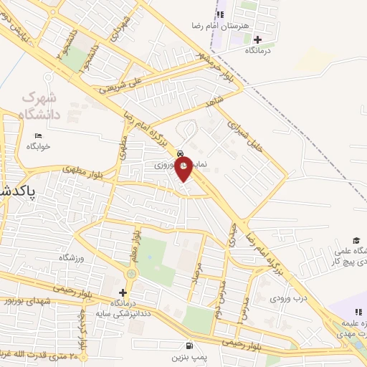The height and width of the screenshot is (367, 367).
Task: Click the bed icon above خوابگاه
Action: click(x=38, y=135)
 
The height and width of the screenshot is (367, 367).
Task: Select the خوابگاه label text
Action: click(x=38, y=146)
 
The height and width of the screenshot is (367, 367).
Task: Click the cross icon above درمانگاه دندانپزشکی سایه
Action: click(x=123, y=292)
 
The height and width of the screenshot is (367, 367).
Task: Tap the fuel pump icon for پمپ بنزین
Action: click(x=189, y=345)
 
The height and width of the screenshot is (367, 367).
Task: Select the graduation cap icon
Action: click(x=356, y=240)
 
